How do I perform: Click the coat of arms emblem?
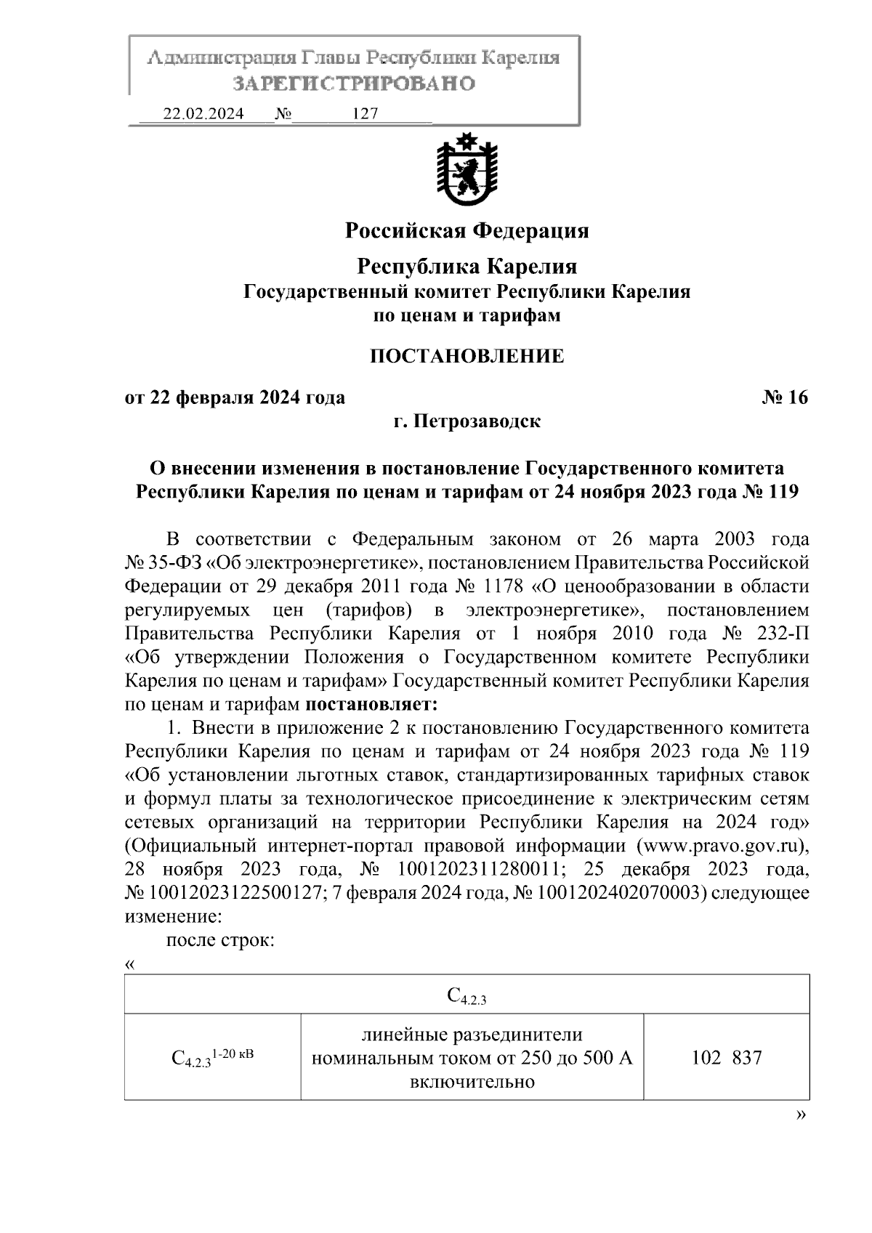pyautogui.click(x=466, y=169)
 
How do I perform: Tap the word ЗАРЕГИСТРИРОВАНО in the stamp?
pyautogui.click(x=353, y=84)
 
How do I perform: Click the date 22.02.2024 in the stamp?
pyautogui.click(x=203, y=114)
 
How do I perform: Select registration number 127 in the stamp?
pyautogui.click(x=364, y=114)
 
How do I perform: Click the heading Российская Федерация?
pyautogui.click(x=467, y=231)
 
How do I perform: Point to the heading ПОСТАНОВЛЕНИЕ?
pyautogui.click(x=467, y=356)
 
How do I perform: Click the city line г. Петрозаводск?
pyautogui.click(x=467, y=421)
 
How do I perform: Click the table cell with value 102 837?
pyautogui.click(x=726, y=1057)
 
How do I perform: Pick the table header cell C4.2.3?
pyautogui.click(x=467, y=995)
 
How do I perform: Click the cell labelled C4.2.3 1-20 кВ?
pyautogui.click(x=212, y=1057)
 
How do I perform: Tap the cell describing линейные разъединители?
pyautogui.click(x=472, y=1057)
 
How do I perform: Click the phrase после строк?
pyautogui.click(x=220, y=940)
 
